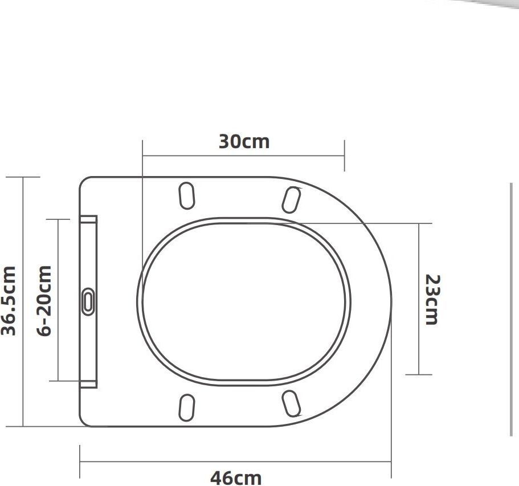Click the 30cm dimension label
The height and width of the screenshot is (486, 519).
pyautogui.click(x=244, y=141)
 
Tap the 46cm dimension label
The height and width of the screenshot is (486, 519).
pyautogui.click(x=236, y=477)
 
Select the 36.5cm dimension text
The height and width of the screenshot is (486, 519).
pyautogui.click(x=9, y=301)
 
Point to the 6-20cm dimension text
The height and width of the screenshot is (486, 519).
pyautogui.click(x=44, y=301)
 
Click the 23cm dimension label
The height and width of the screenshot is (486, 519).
pyautogui.click(x=432, y=300)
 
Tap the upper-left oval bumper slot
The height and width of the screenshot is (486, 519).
pyautogui.click(x=187, y=195)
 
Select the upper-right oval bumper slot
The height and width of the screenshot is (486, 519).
pyautogui.click(x=292, y=199)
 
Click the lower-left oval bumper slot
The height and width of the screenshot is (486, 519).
pyautogui.click(x=187, y=407)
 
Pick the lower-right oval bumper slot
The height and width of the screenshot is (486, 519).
pyautogui.click(x=291, y=403)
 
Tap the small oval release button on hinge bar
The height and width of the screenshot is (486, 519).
pyautogui.click(x=88, y=301)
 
